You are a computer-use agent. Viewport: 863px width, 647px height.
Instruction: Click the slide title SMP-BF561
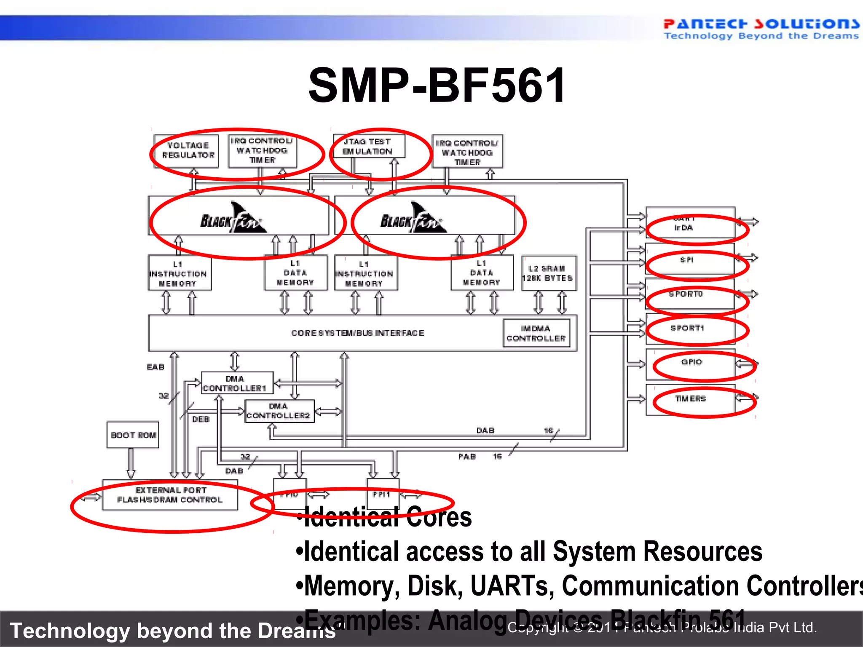[437, 86]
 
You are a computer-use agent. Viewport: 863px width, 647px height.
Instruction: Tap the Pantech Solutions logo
[761, 29]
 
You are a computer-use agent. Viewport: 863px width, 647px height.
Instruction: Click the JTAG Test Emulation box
[368, 146]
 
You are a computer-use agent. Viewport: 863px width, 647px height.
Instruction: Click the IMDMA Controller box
[536, 333]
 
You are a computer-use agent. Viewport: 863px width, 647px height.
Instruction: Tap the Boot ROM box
[133, 435]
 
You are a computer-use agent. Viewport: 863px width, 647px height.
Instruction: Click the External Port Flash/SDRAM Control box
[170, 495]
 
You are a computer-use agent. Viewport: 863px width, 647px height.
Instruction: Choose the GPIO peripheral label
[691, 362]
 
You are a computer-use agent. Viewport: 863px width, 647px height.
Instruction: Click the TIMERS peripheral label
[690, 398]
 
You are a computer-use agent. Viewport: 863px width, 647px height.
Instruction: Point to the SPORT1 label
[687, 328]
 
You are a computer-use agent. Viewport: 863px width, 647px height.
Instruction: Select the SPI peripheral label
[686, 260]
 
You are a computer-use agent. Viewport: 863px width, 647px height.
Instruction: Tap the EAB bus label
[155, 367]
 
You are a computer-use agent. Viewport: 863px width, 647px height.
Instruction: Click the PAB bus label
[467, 457]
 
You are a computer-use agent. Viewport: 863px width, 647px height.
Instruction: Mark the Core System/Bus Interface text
[358, 333]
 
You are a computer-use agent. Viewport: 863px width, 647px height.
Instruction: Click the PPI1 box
[382, 494]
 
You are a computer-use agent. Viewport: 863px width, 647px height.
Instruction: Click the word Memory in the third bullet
[352, 586]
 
